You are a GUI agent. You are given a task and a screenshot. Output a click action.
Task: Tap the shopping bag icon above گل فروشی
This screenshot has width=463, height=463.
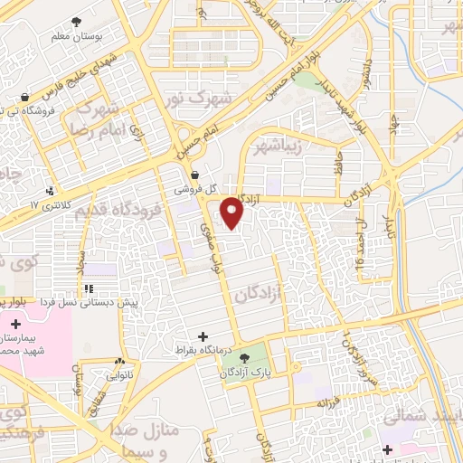point(195,175)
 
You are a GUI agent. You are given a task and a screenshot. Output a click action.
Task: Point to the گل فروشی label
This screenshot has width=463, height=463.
point(198,190)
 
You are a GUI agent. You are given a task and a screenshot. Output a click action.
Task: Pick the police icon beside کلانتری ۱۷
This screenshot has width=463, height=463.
point(50,191)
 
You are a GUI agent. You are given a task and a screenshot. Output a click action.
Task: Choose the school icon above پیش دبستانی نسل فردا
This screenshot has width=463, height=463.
point(89,288)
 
